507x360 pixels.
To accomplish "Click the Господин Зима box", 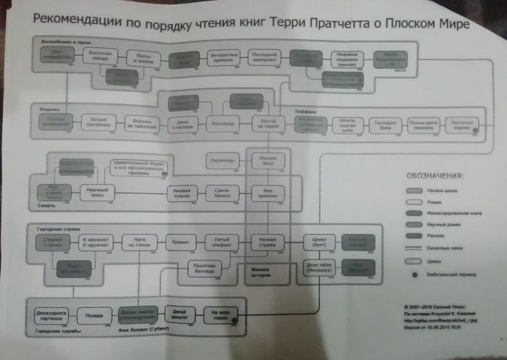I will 385,125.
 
